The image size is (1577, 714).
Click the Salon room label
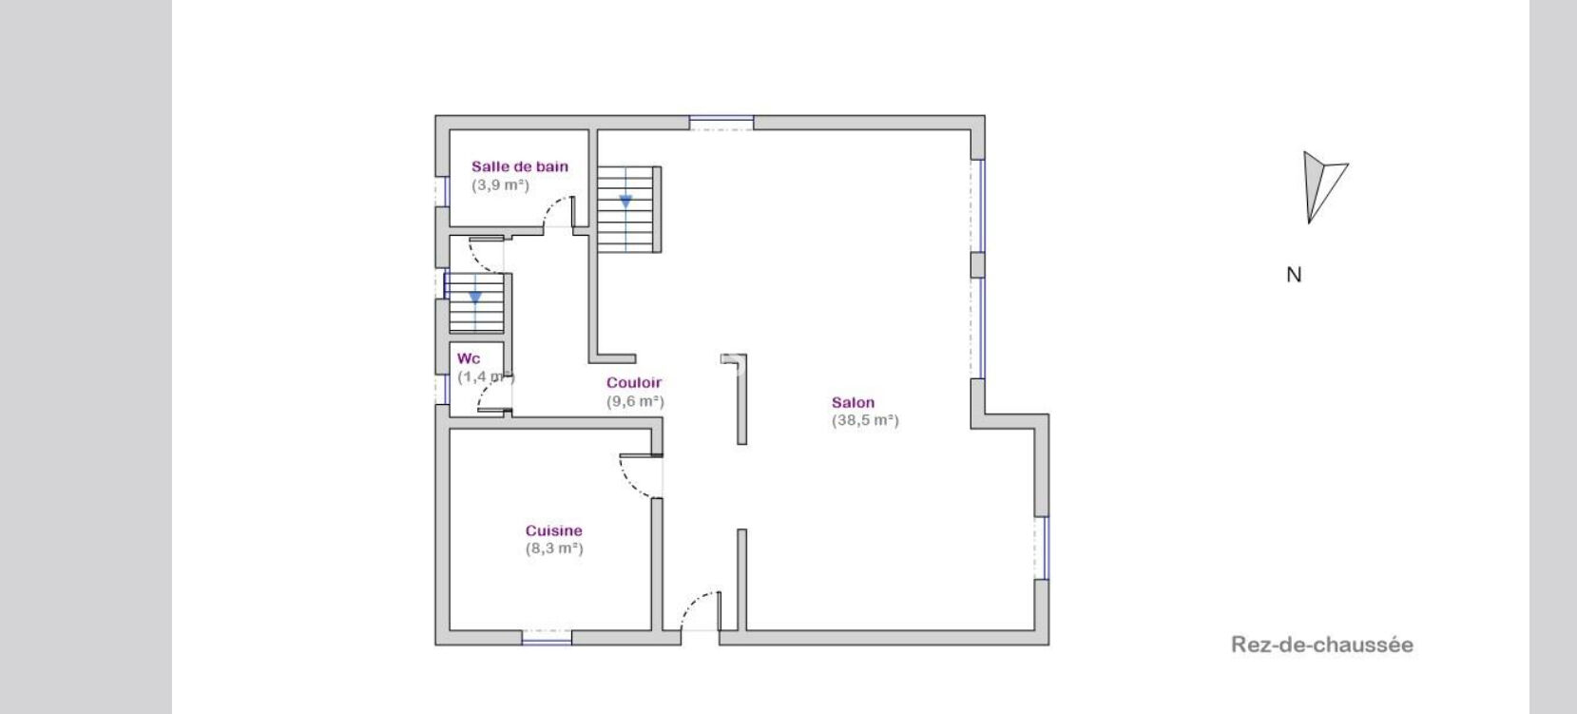(x=853, y=403)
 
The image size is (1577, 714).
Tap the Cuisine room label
(x=554, y=531)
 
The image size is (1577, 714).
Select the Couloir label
(x=634, y=383)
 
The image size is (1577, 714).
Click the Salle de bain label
(x=520, y=167)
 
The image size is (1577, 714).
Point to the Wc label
(x=469, y=359)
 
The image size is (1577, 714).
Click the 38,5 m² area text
(x=865, y=420)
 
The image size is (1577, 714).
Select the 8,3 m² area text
(x=554, y=549)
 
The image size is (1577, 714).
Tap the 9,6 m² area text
(x=635, y=401)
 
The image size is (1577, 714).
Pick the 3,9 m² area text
(x=500, y=185)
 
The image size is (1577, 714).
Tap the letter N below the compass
(x=1294, y=275)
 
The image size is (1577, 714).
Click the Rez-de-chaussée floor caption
(x=1322, y=645)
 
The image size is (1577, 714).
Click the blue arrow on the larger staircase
(x=625, y=203)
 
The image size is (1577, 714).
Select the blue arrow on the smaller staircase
(x=475, y=298)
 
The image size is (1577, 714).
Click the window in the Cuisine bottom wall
(x=547, y=638)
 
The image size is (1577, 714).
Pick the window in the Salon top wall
(x=721, y=123)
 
